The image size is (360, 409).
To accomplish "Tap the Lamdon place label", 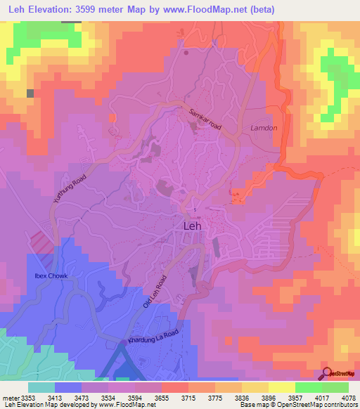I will tap(265, 128).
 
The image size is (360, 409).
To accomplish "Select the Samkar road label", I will tap(205, 117).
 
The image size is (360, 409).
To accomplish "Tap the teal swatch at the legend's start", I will tap(41, 387).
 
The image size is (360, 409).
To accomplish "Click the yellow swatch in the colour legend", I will tap(281, 387).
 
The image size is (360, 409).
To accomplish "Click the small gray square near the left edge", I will tap(30, 93).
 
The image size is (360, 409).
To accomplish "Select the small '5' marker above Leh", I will tap(195, 209).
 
